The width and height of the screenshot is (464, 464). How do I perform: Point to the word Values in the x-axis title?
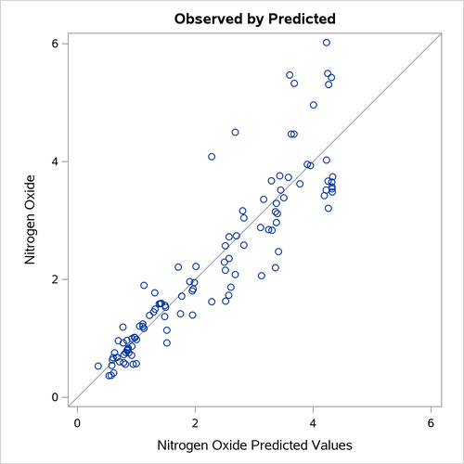(x=348, y=447)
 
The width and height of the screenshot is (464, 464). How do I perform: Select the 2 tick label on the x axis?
(x=196, y=423)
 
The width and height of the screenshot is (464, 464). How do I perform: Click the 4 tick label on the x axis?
(x=314, y=423)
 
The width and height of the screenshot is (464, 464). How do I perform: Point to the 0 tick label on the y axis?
(x=55, y=397)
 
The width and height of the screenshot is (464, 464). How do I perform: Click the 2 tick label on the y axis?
(x=55, y=279)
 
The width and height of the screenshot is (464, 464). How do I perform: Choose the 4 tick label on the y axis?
(x=55, y=161)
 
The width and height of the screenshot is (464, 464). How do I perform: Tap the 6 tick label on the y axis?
(x=55, y=44)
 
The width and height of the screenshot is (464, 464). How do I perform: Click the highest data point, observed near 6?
(x=327, y=43)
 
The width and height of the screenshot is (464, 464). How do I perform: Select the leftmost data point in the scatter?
(x=98, y=367)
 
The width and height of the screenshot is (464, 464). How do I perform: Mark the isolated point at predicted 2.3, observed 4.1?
(x=212, y=157)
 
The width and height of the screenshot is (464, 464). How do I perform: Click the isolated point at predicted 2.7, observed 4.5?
(x=235, y=133)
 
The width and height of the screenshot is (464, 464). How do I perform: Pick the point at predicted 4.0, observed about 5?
(x=313, y=105)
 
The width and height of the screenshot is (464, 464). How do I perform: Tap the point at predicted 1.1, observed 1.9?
(x=144, y=286)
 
